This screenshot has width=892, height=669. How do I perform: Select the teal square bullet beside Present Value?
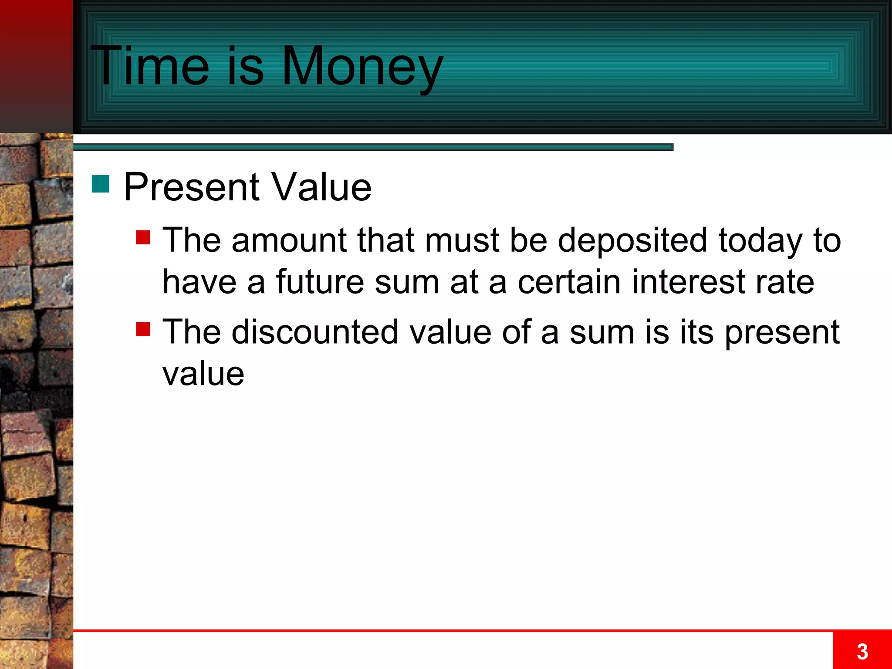point(101,184)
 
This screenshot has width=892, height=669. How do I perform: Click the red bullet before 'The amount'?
point(143,237)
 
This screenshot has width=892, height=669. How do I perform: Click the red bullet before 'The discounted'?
point(143,329)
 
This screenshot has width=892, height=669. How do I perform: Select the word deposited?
point(632,240)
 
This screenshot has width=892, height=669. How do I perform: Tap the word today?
point(760,240)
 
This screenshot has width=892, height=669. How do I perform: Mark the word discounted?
point(315,332)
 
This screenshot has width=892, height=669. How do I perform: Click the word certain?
point(569,282)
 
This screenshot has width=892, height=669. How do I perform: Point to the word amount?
point(289,240)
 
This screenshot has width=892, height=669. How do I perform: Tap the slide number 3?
point(862,652)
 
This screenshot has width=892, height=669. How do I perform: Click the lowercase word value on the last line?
point(203,374)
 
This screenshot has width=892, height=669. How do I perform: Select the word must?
point(462,240)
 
